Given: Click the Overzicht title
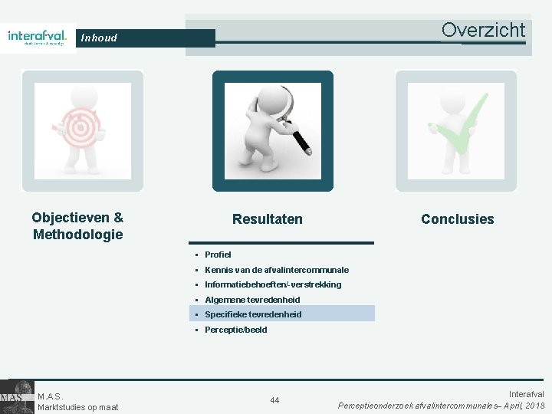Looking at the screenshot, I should point(483,30).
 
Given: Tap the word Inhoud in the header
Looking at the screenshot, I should point(99,38).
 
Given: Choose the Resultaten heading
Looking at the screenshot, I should point(267,219).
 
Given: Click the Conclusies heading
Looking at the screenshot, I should point(457,219).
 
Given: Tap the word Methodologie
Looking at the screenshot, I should point(77,234).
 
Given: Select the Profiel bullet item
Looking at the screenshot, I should point(218,255).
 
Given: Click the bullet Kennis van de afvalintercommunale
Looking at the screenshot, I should point(276,270).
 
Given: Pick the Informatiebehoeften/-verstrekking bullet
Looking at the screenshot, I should point(273,284).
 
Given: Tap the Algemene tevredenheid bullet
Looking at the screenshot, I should point(252,300).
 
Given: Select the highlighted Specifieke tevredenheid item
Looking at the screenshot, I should point(253,314).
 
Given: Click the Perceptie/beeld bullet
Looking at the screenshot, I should point(236,330).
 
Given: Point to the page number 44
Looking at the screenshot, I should point(274,399).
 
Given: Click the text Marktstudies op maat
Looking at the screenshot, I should point(77,407).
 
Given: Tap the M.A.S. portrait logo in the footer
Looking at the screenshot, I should point(17,396).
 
